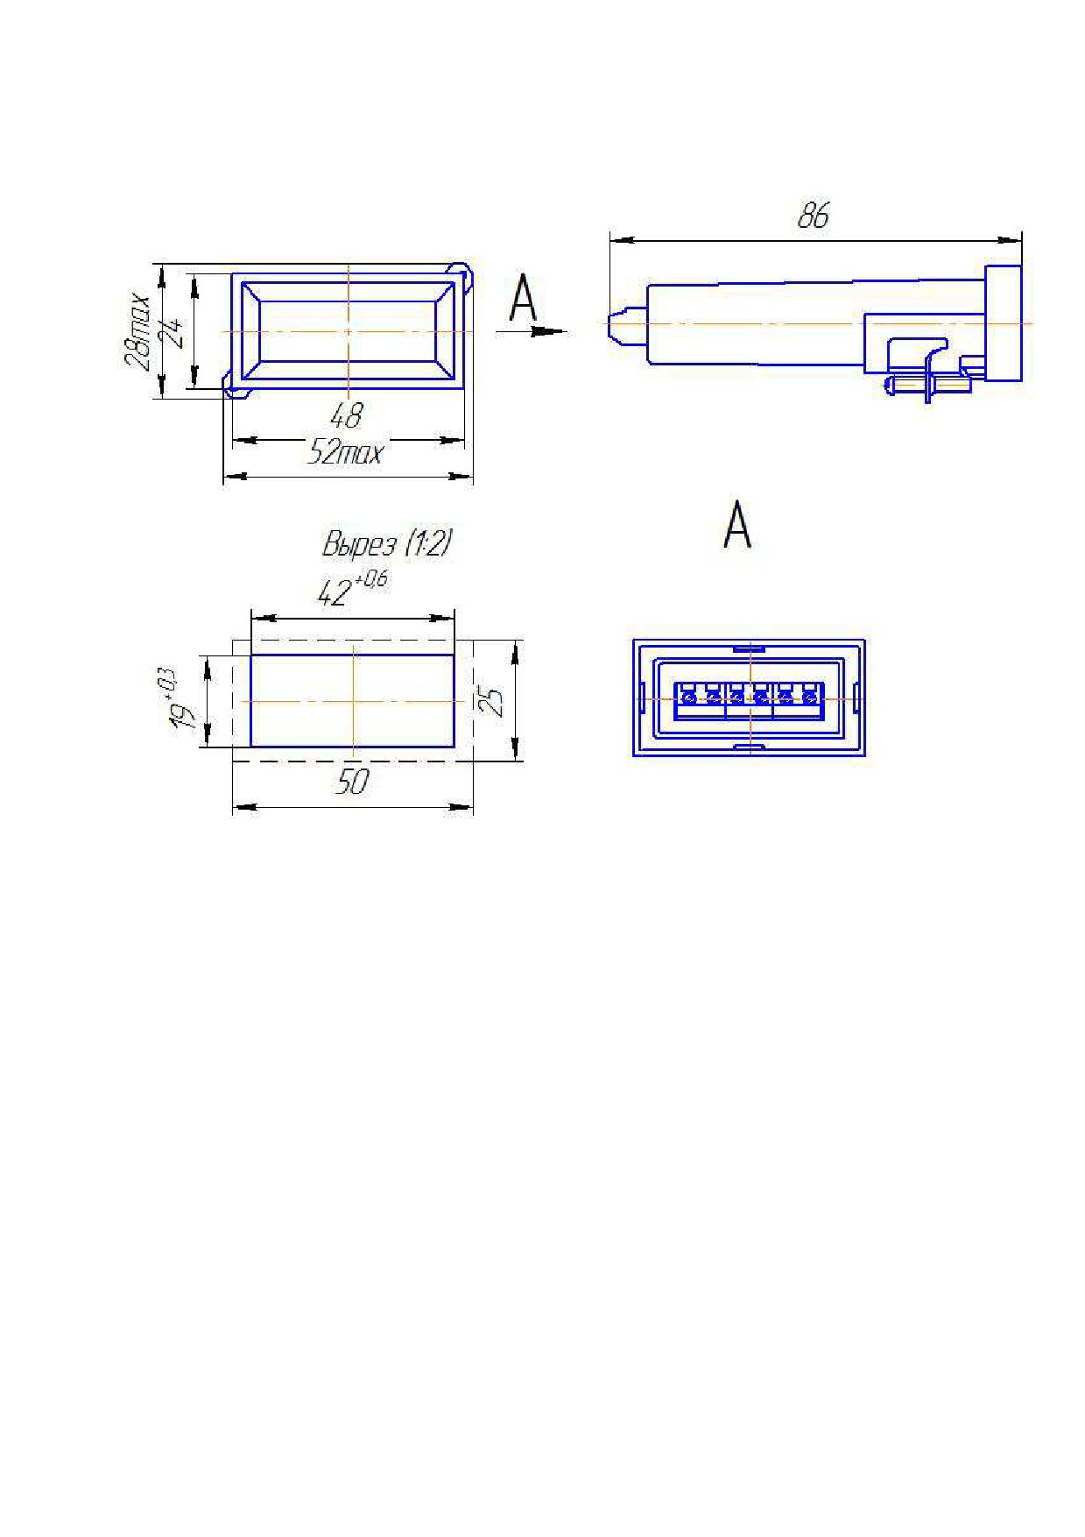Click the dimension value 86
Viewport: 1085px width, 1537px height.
coord(813,216)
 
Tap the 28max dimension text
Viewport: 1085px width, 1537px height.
coord(137,331)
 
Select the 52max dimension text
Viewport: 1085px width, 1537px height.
coord(346,452)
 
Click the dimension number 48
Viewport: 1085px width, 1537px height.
coord(347,414)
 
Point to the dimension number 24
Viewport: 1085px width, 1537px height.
coord(175,332)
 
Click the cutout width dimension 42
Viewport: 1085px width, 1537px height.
coord(334,594)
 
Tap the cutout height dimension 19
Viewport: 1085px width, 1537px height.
coord(182,713)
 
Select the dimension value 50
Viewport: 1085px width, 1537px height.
coord(353,781)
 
